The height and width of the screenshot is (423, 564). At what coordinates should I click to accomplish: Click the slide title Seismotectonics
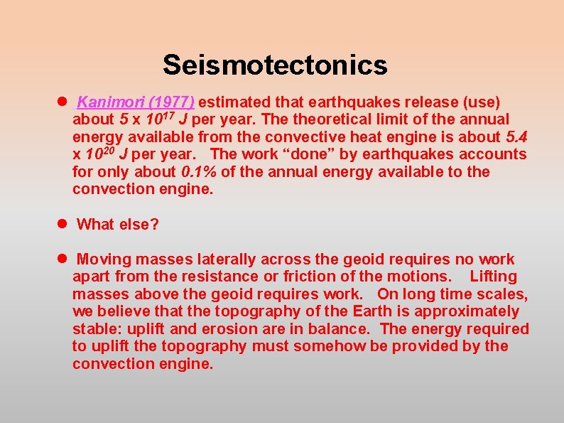(275, 65)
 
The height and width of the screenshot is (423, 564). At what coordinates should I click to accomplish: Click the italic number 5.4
(516, 136)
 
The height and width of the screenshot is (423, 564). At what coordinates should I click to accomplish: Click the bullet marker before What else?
(63, 224)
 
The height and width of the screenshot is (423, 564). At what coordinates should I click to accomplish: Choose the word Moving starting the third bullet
(107, 259)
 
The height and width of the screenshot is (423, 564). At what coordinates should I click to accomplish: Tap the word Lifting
(494, 277)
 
